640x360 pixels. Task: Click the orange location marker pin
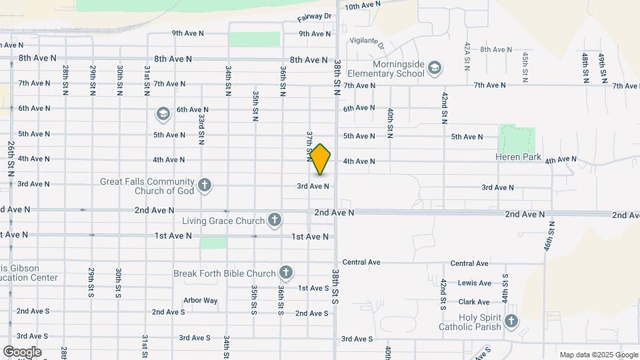[321, 159]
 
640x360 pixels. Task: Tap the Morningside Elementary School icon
[435, 67]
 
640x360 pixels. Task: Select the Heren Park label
[517, 157]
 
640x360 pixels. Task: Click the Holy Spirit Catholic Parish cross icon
[511, 322]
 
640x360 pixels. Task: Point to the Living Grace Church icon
[274, 219]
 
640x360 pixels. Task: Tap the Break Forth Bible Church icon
[285, 272]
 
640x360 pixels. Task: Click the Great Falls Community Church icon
[205, 185]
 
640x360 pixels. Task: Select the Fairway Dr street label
[314, 16]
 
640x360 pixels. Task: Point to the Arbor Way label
[201, 301]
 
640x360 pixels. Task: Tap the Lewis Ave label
[474, 283]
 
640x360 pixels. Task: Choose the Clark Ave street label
[474, 302]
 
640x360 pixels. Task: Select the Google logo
[22, 351]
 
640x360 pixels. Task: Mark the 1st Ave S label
[313, 288]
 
